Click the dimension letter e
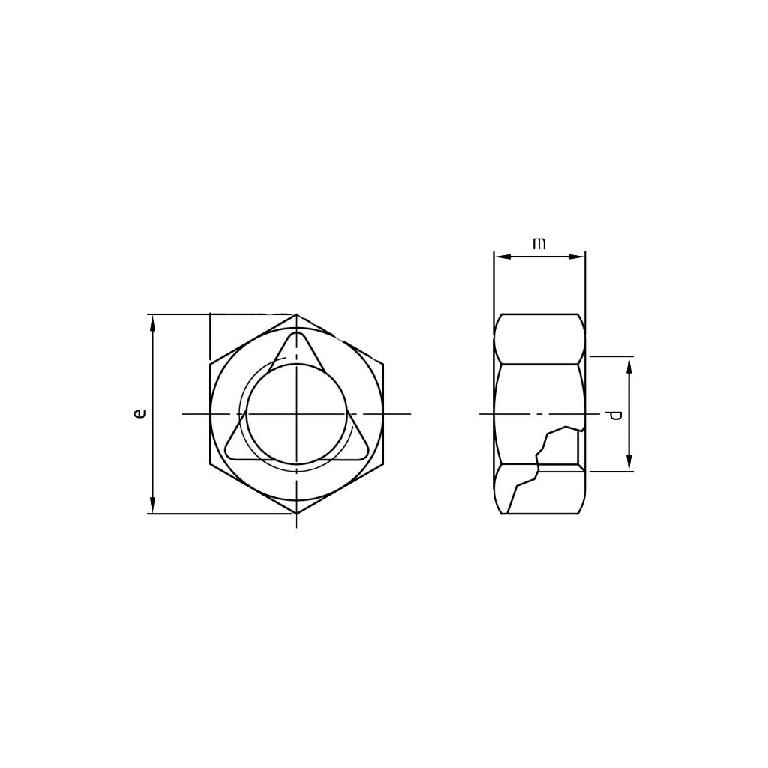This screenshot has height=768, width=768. point(139,412)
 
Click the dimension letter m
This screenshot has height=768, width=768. point(538,244)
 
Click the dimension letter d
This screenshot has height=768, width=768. point(615,415)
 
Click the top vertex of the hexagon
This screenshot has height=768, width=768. point(297,314)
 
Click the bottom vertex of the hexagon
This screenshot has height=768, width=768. point(297,514)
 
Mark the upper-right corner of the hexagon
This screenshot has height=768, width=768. point(383,364)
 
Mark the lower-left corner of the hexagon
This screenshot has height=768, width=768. point(210,463)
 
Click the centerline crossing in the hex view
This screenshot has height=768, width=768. point(297,413)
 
